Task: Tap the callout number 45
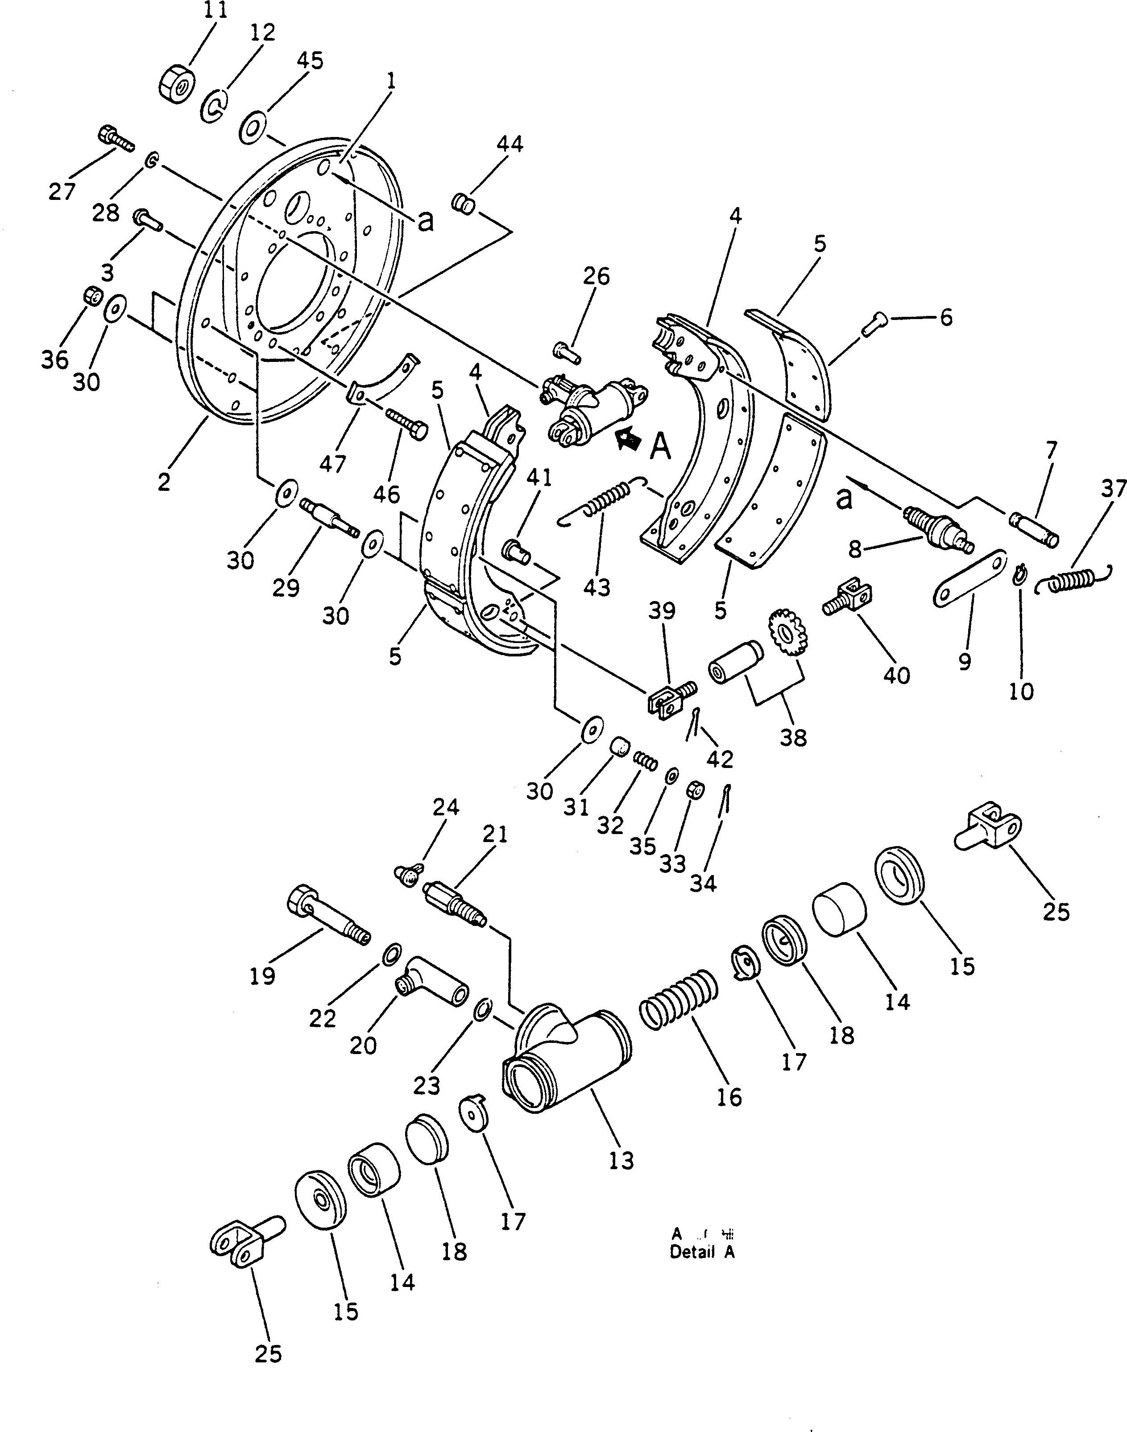[310, 61]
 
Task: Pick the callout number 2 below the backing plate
[164, 482]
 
